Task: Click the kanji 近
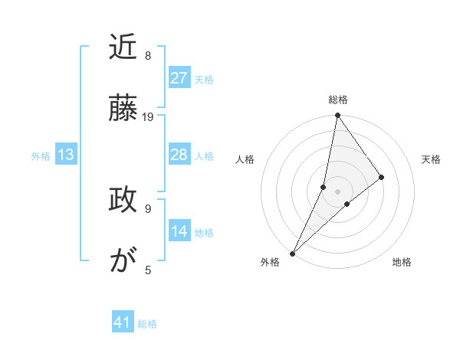point(123,49)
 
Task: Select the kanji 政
point(123,201)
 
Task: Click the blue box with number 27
point(179,78)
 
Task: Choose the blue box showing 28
point(179,155)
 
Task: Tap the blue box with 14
point(179,232)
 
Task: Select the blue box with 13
point(65,155)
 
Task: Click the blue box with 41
point(123,323)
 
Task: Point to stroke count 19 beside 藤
point(148,117)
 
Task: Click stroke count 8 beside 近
point(148,56)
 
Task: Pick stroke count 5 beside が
point(148,270)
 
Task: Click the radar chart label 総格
point(338,100)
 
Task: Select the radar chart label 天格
point(431,159)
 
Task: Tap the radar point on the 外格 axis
point(292,253)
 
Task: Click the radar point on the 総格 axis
point(337,116)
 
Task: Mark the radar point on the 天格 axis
point(382,177)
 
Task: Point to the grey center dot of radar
point(337,191)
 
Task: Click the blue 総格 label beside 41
point(147,324)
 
